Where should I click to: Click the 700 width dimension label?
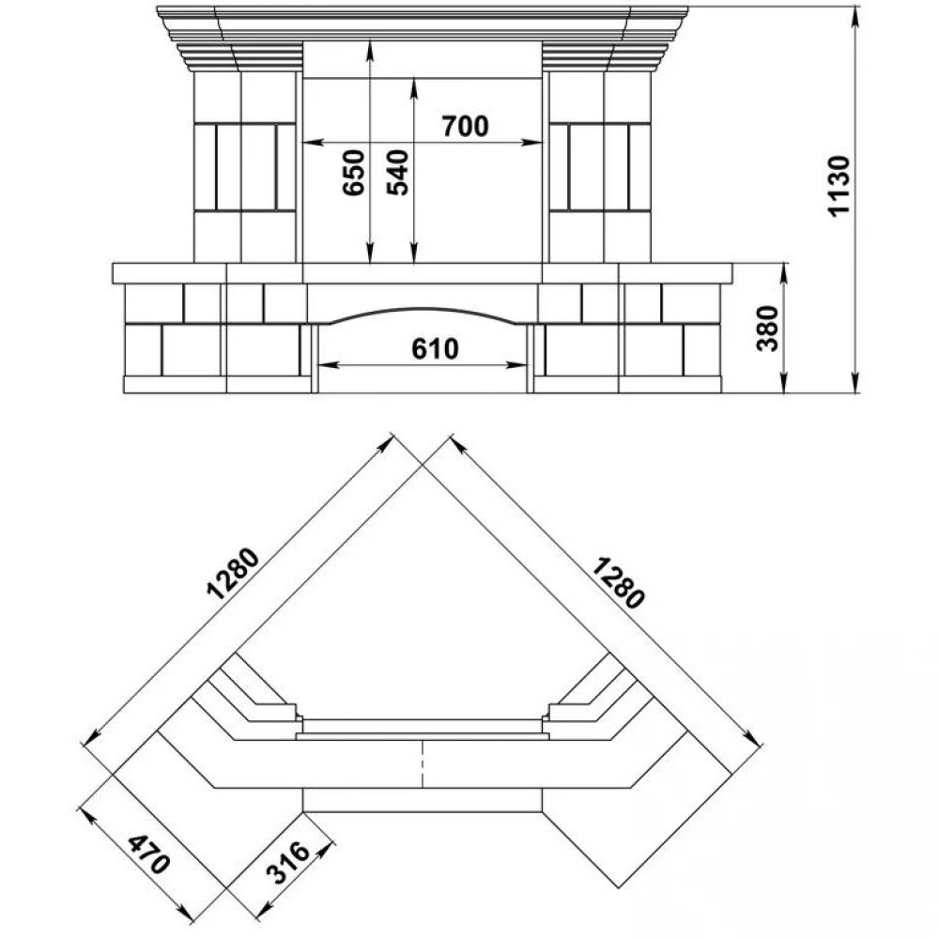pos(466,126)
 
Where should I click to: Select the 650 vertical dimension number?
pos(354,173)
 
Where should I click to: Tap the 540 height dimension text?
pos(397,173)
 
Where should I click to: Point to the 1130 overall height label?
pos(839,186)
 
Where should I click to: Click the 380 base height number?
pos(767,328)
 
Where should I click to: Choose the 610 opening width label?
pos(436,348)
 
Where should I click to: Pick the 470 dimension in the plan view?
pos(148,854)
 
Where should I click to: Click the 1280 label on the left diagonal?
pos(234,573)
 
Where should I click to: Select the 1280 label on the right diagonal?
pos(618,582)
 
